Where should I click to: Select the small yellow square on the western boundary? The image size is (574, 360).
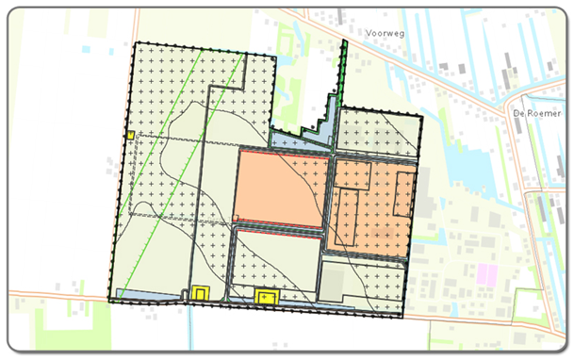point(128,136)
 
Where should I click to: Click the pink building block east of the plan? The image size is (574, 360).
point(486,275)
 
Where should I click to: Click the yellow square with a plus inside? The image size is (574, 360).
point(267,298)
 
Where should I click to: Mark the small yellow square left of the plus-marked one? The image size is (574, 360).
point(200,293)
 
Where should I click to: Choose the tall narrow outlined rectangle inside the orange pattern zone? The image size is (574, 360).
point(349,212)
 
